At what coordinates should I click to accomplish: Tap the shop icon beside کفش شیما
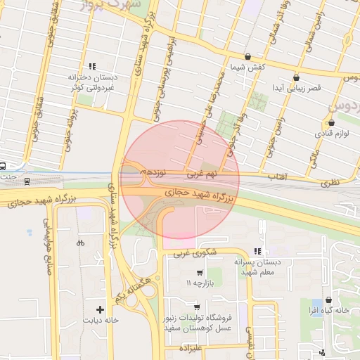point(247,56)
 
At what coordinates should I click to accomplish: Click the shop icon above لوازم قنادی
point(330,110)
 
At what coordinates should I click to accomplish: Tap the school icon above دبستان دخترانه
point(92,65)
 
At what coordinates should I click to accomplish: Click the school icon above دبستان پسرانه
point(257,250)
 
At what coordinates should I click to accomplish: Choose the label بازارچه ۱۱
point(198,283)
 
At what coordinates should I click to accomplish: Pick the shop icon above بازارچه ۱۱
point(200,272)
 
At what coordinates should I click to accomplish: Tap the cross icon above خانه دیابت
point(100,309)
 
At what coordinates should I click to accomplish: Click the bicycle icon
point(80,243)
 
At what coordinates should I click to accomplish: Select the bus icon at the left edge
point(3,166)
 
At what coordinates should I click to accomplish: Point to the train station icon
point(27,181)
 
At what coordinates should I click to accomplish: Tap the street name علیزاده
point(191,348)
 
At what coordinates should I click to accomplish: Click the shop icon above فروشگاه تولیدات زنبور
point(197,307)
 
